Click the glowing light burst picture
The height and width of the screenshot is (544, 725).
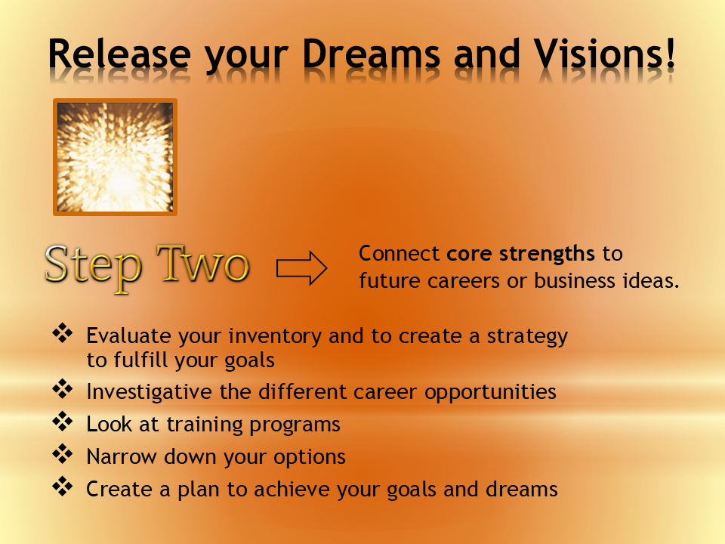pos(115,157)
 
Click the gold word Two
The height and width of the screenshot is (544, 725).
pos(201,267)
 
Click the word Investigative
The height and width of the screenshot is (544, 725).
pos(146,392)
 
